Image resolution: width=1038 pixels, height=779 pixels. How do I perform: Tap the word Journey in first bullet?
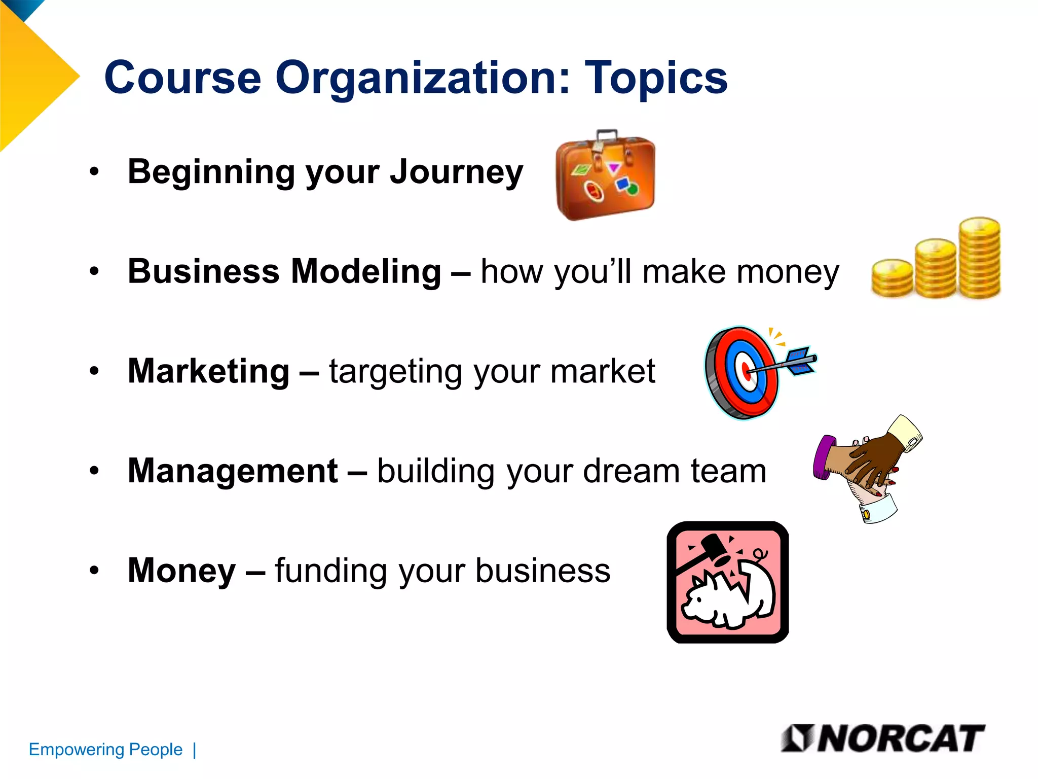pos(456,172)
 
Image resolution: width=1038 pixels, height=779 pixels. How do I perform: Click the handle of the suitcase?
pos(607,135)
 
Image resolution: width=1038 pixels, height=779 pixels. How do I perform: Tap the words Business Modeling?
pos(284,271)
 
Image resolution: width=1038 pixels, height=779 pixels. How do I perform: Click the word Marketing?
pos(208,371)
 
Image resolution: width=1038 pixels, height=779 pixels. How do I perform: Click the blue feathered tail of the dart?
pos(801,360)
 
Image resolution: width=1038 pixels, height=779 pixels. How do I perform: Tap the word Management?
pos(232,471)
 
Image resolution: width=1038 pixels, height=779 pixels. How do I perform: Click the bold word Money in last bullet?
pos(181,571)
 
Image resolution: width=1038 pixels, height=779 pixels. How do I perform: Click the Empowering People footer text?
pos(105,750)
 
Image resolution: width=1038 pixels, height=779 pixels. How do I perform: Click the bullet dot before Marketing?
pos(94,371)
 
